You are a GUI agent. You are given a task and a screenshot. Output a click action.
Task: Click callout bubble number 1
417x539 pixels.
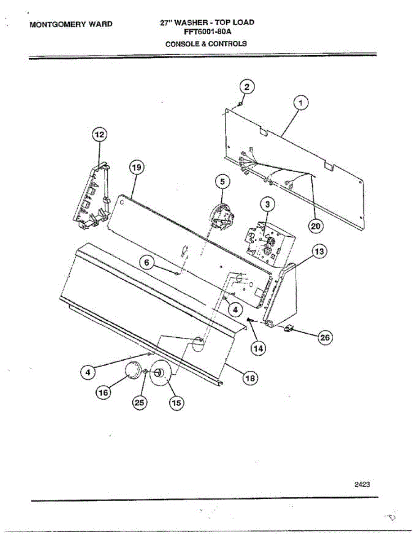[301, 104]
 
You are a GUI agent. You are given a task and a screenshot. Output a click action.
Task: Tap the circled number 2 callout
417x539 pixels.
[247, 87]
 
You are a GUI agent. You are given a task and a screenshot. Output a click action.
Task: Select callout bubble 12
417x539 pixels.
[100, 134]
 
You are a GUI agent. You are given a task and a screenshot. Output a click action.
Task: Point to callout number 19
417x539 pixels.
[137, 168]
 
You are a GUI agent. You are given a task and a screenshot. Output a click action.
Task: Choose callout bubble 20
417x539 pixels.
[316, 226]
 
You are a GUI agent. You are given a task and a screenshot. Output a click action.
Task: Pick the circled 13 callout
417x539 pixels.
[319, 252]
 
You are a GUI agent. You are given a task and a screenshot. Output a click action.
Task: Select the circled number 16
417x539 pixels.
[103, 392]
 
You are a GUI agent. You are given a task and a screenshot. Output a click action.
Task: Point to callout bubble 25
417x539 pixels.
[139, 403]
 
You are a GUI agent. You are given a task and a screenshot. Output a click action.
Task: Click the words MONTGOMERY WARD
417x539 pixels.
[71, 24]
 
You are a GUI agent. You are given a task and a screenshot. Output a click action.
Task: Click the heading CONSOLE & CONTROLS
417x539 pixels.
[206, 44]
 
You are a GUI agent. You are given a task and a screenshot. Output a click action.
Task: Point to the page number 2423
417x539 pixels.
[362, 484]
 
